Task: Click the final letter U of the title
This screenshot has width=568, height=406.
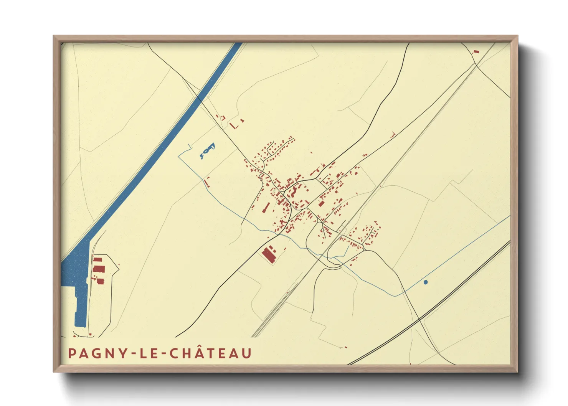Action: [x=247, y=353]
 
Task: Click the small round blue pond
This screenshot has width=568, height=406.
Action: [x=425, y=282]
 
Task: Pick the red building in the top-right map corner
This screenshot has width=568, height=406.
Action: [x=476, y=51]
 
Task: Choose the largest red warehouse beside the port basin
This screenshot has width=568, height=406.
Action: [x=99, y=268]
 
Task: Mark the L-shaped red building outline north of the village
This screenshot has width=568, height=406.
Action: [x=234, y=125]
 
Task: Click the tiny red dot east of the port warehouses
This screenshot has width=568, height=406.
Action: [x=119, y=264]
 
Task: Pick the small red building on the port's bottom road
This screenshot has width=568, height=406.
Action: [x=90, y=335]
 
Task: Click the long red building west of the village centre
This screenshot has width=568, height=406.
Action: [x=265, y=208]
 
